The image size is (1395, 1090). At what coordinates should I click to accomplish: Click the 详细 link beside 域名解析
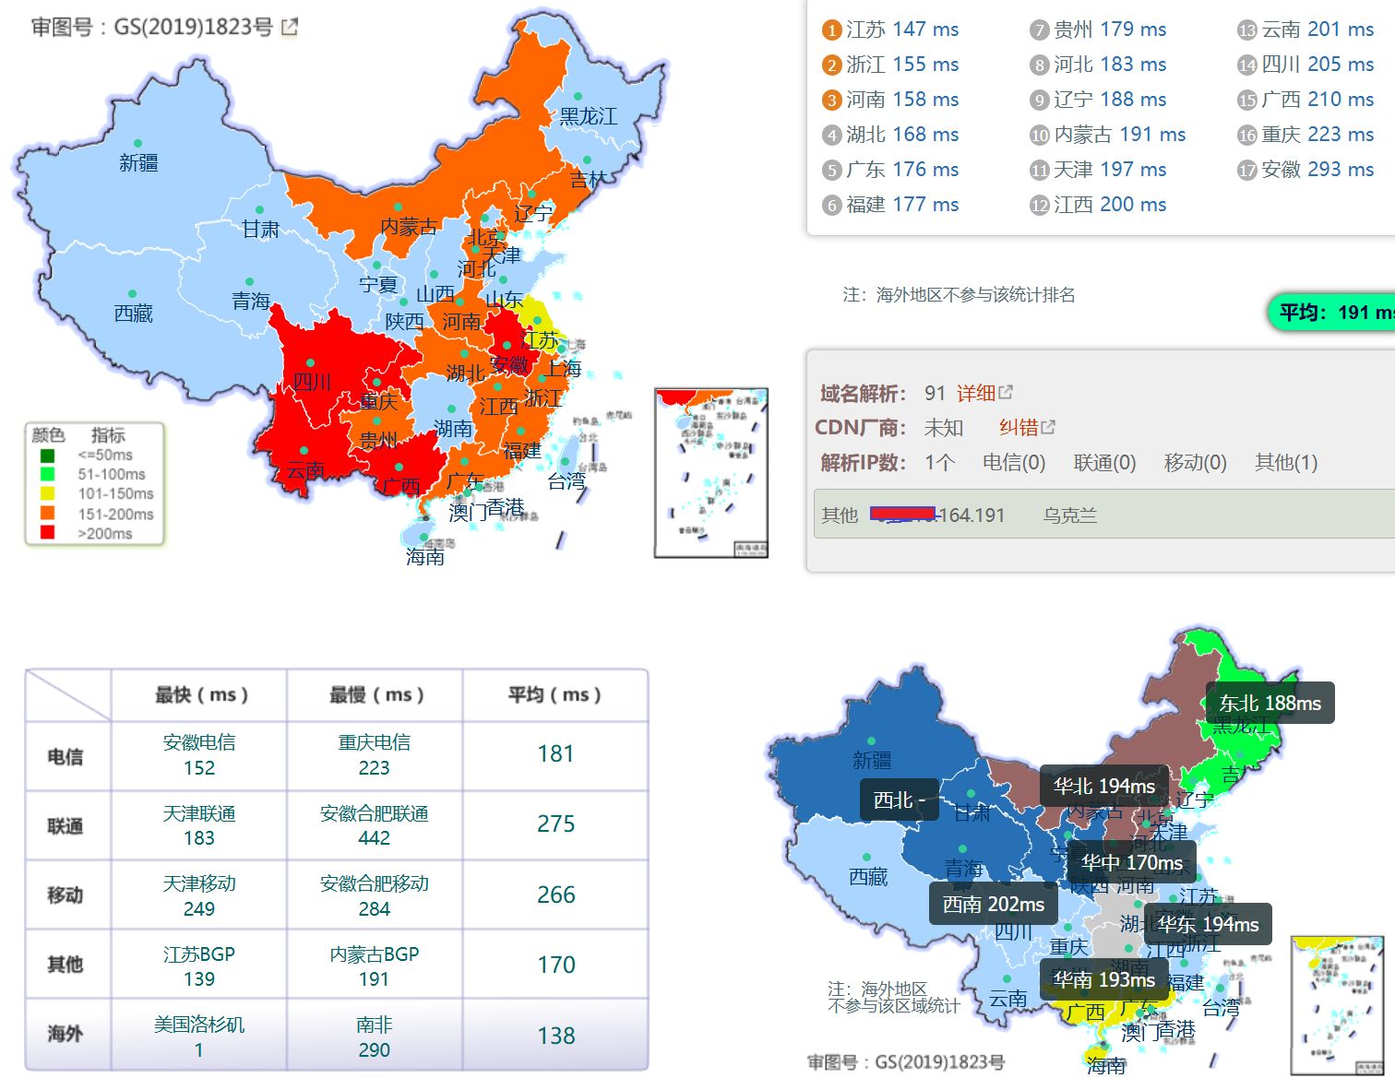coord(984,394)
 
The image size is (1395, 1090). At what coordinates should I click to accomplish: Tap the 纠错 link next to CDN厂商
coord(1026,428)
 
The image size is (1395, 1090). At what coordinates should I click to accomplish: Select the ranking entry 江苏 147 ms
coord(890,30)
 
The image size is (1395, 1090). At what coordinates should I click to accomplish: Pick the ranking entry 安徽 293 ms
coord(1306,170)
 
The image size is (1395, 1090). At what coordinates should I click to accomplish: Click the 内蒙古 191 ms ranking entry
coord(1107,135)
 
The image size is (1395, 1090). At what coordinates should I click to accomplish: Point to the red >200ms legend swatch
coord(48,533)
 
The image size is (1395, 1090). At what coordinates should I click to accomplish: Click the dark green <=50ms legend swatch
coord(48,456)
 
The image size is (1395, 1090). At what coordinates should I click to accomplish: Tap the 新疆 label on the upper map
coord(138,163)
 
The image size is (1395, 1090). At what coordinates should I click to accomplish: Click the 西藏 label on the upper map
coord(134,314)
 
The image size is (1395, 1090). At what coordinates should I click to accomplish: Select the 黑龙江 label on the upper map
coord(589,116)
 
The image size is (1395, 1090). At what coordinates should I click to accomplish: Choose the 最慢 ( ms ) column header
coord(376,695)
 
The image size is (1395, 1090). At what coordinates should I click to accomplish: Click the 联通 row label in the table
coord(66,826)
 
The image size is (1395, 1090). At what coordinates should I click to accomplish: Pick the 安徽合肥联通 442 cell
coord(375,825)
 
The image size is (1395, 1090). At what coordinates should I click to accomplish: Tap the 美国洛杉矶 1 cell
coord(199,1037)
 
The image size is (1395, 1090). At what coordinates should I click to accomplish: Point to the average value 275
coord(555,824)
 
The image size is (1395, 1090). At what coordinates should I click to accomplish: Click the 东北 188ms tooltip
coord(1270,704)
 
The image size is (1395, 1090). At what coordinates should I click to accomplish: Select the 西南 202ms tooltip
coord(993,905)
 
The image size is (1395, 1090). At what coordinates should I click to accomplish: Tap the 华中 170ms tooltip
coord(1131,863)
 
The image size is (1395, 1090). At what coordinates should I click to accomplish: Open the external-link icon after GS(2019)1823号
coord(290,28)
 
